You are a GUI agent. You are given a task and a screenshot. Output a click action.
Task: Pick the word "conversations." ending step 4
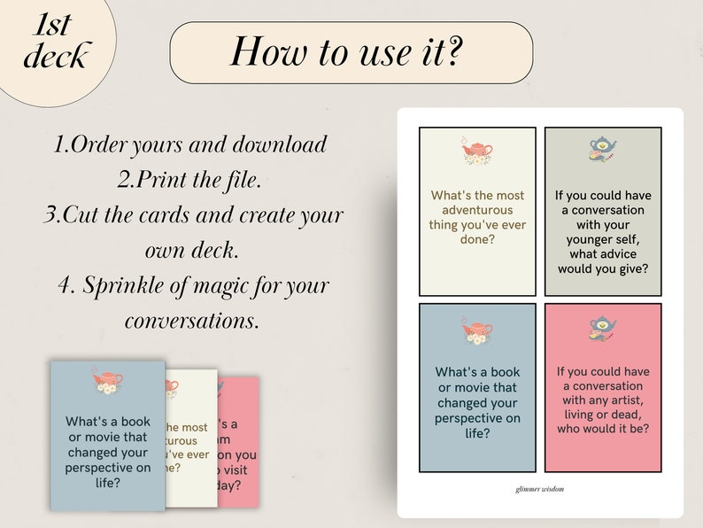coord(192,320)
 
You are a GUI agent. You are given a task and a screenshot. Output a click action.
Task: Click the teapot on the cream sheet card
coord(476,152)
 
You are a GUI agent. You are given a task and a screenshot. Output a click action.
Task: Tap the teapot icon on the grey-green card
coord(602,147)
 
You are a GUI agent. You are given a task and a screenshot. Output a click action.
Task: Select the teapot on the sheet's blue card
coord(476,331)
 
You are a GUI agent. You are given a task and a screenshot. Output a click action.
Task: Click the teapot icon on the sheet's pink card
coord(602,330)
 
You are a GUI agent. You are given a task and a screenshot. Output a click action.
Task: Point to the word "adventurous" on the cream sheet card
coord(477,210)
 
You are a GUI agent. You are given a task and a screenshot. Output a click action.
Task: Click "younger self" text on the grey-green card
coord(602,241)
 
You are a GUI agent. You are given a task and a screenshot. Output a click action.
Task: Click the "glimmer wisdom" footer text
coord(539,488)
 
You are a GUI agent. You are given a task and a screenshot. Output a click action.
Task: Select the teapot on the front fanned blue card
coord(107,382)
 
